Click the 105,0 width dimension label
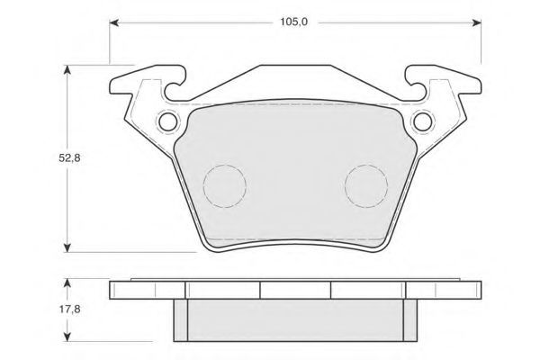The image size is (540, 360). pyautogui.click(x=293, y=22)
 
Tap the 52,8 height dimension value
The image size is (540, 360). pyautogui.click(x=69, y=158)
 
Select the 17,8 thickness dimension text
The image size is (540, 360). pyautogui.click(x=69, y=309)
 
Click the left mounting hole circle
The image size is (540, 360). pyautogui.click(x=168, y=121)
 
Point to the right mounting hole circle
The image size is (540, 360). pyautogui.click(x=423, y=121)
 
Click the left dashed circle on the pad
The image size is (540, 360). pyautogui.click(x=203, y=186)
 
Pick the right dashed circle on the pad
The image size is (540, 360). pyautogui.click(x=345, y=186)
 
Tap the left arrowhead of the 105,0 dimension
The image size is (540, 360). pyautogui.click(x=114, y=22)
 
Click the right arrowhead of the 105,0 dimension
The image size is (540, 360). pyautogui.click(x=477, y=22)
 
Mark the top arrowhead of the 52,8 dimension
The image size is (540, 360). pyautogui.click(x=67, y=69)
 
